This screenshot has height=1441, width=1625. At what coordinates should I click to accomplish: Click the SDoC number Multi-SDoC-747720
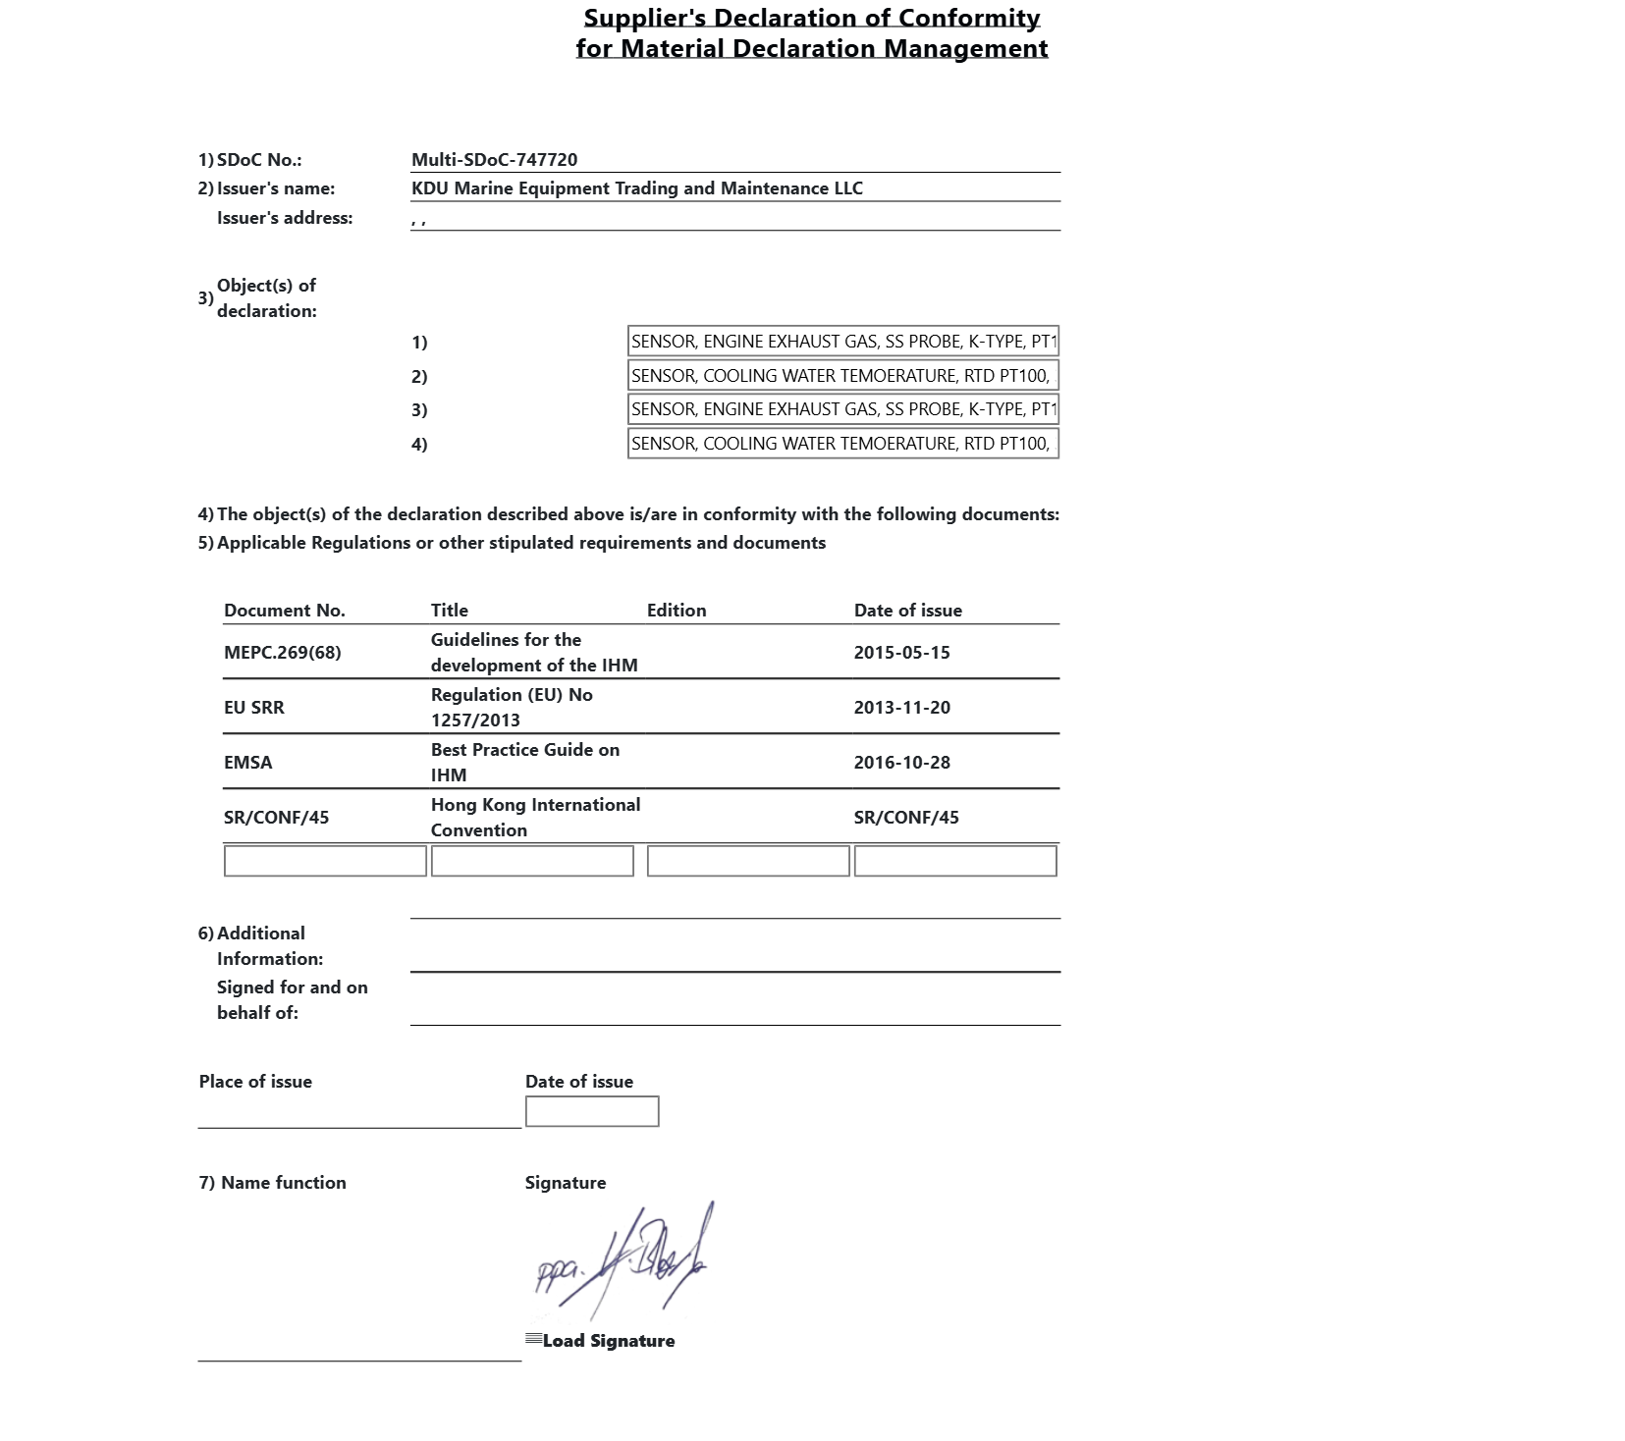click(494, 160)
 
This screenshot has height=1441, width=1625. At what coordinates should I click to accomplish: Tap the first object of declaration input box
click(842, 342)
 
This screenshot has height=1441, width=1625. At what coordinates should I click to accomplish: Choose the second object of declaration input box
click(842, 376)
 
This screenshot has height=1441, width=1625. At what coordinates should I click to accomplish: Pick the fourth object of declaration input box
click(842, 444)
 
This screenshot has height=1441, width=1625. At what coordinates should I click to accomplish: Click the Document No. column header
click(284, 611)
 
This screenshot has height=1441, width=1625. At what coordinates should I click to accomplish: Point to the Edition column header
click(676, 611)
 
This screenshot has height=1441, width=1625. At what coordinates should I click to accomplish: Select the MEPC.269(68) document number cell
click(282, 653)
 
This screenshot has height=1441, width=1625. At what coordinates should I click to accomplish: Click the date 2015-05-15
click(901, 653)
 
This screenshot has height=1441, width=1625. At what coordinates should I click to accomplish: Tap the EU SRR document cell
click(253, 708)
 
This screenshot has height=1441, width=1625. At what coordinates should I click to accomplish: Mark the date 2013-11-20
click(901, 708)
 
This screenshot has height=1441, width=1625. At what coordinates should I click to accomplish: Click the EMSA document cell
click(247, 763)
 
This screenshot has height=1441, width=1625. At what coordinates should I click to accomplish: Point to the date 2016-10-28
click(901, 763)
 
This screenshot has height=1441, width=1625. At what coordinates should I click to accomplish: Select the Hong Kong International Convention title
click(534, 817)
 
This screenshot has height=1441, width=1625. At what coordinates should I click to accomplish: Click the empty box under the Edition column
click(747, 861)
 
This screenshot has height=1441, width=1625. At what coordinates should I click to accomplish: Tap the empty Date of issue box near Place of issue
click(591, 1111)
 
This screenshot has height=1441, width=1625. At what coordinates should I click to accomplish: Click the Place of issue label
click(255, 1082)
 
